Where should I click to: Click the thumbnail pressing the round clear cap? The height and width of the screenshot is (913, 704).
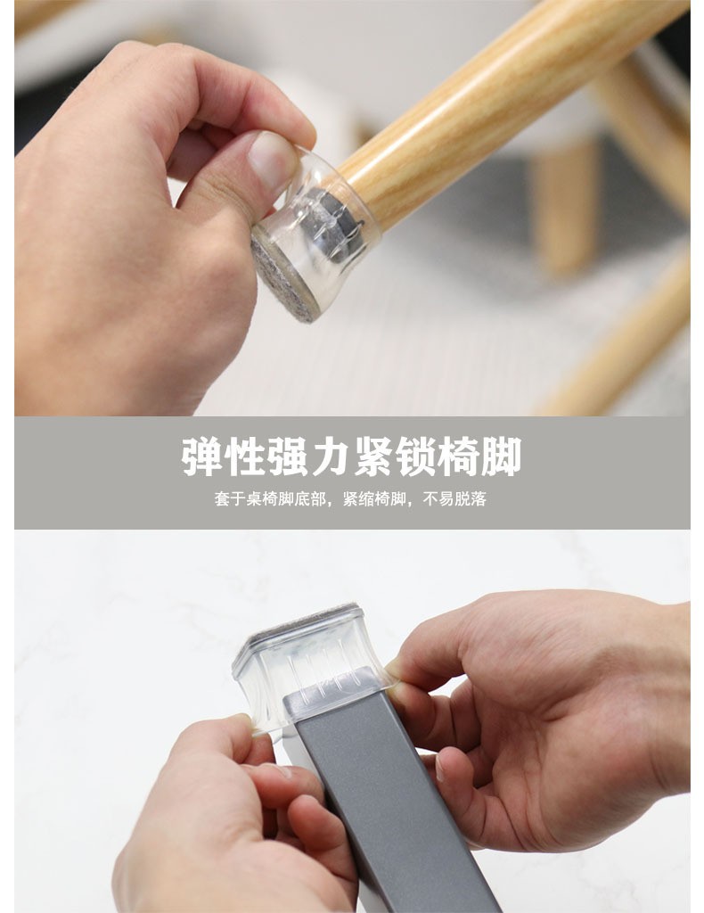pyautogui.click(x=274, y=159)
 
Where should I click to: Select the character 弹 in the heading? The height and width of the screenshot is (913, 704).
pyautogui.click(x=202, y=457)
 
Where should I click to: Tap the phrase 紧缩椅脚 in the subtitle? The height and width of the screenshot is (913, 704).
pyautogui.click(x=374, y=499)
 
